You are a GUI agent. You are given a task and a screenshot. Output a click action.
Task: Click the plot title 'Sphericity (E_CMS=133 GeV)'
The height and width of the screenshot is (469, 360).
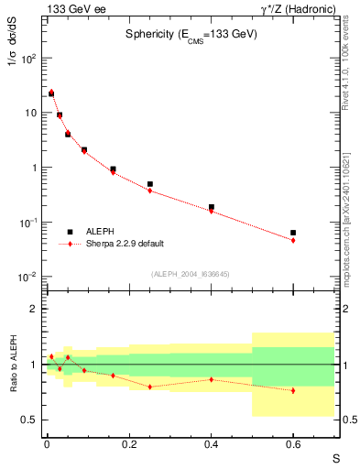[x=191, y=34]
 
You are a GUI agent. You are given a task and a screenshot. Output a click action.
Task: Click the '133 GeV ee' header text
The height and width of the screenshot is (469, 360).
[x=70, y=8]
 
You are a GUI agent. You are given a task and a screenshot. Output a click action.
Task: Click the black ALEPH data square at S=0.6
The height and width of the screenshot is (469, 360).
[x=293, y=233]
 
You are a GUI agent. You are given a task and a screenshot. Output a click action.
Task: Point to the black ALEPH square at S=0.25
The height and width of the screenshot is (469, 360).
[x=149, y=184]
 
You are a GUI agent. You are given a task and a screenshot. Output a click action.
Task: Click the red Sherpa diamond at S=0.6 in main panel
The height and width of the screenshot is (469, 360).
[x=293, y=240]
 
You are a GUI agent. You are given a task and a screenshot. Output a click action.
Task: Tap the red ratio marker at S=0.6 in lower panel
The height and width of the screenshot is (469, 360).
[x=293, y=390]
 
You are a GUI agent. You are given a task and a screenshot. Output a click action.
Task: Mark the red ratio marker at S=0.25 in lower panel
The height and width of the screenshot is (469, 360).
[x=149, y=387]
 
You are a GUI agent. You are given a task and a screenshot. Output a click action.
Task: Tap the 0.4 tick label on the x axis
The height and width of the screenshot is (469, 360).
[x=211, y=443]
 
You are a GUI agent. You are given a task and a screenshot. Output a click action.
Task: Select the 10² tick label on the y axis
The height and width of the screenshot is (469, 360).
[x=30, y=58]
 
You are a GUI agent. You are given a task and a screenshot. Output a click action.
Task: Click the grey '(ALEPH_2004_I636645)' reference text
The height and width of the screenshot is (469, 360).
[x=190, y=274]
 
